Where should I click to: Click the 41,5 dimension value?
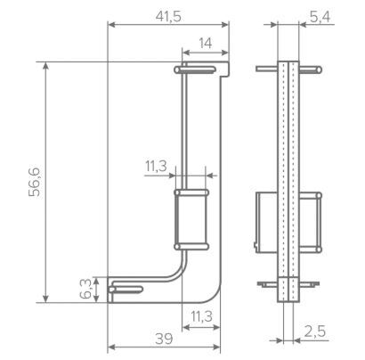coord(168,17)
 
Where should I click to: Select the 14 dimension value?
coord(206,44)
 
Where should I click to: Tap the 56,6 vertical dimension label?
coord(35,182)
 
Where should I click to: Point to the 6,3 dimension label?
coord(85,290)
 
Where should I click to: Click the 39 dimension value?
coord(164,339)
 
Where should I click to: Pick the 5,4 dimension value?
coord(320,18)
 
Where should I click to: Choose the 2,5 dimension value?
coord(314,331)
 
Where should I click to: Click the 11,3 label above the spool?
coord(156,166)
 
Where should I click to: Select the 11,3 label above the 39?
coord(201,316)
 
